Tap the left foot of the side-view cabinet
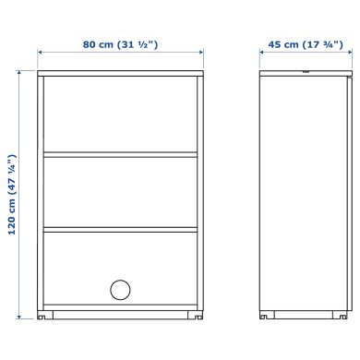[264, 316]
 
